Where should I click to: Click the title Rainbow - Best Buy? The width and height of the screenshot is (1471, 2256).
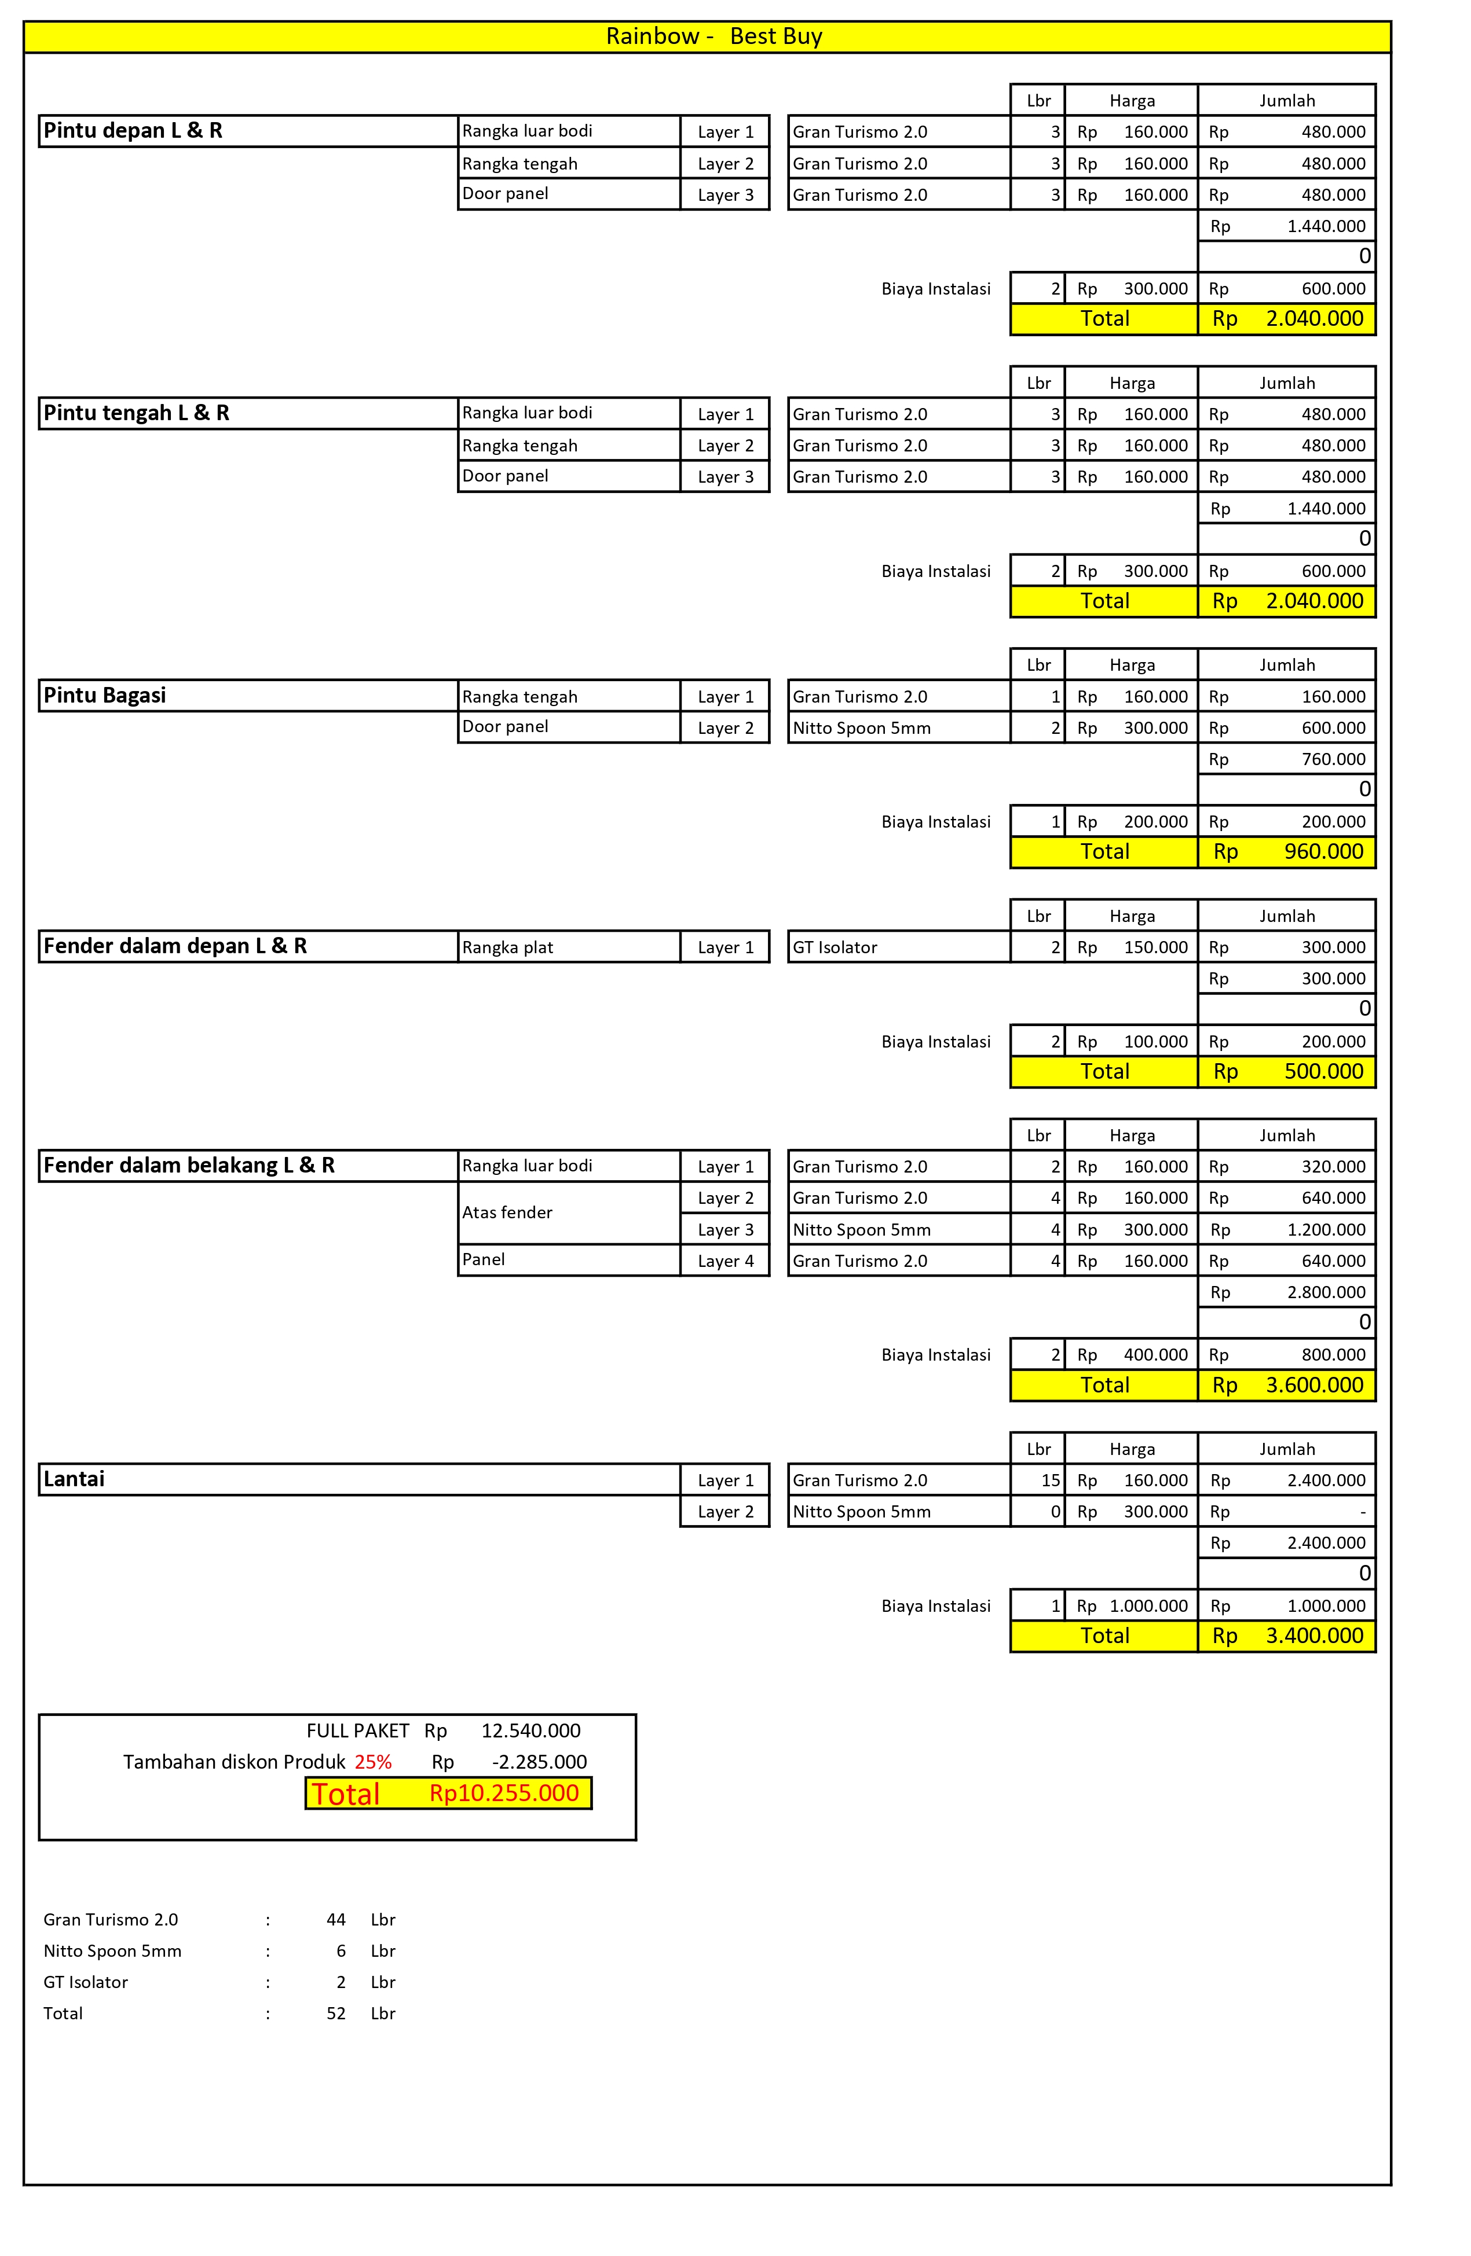713,36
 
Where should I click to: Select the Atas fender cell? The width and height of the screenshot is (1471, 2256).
507,1212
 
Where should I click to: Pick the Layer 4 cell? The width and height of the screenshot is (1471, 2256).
726,1261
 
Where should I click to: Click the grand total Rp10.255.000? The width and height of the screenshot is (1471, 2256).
504,1794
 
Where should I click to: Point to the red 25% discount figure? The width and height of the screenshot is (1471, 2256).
373,1762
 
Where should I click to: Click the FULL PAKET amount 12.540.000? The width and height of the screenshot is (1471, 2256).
530,1731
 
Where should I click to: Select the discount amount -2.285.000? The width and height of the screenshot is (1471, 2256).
539,1762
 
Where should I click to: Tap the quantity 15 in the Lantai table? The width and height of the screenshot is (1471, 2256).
1050,1480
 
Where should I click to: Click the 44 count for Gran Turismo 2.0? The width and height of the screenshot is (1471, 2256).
336,1920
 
